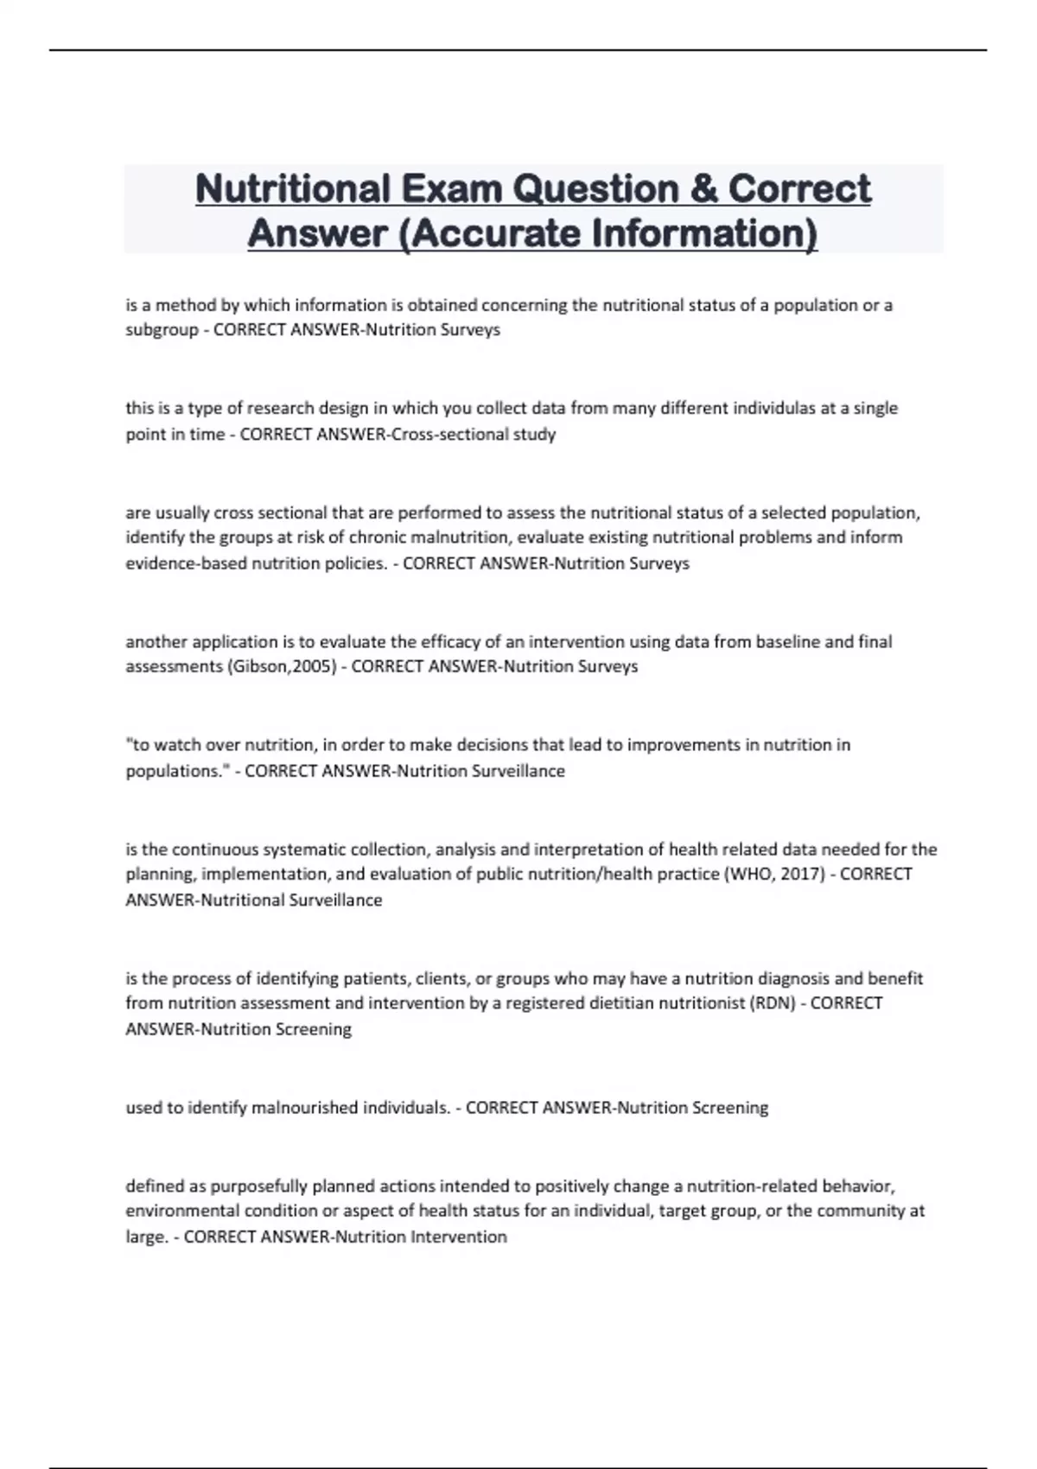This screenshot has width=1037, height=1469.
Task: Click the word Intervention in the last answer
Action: click(x=459, y=1237)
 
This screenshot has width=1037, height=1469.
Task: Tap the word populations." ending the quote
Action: click(x=177, y=771)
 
